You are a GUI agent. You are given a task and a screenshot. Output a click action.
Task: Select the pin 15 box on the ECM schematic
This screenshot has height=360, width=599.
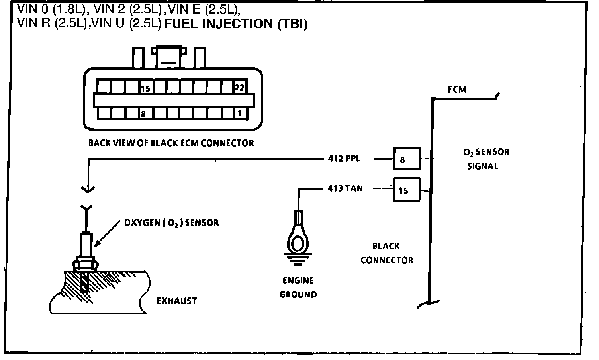coord(407,190)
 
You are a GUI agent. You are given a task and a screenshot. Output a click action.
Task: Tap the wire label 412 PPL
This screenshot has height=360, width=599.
coord(344,158)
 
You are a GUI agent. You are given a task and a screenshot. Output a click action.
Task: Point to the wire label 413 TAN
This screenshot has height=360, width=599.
coord(345,188)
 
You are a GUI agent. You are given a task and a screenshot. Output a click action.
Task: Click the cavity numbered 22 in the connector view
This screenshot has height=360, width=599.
coord(239,87)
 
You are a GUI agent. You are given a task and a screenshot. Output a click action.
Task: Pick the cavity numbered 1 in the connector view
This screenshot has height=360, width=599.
coord(239,113)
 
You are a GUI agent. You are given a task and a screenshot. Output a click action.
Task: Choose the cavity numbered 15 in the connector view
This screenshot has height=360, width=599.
coord(145,88)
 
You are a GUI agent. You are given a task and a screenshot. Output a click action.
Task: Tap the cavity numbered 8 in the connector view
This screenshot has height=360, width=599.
coord(143,113)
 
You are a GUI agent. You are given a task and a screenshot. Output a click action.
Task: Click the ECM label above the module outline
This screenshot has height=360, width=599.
coord(457,90)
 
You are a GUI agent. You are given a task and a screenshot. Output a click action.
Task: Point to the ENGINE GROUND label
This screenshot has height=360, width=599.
coord(298,288)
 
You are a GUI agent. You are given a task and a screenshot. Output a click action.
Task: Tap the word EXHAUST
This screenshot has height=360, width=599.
coord(176,301)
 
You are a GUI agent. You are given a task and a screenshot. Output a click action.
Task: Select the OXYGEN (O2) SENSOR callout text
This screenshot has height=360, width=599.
coord(172,222)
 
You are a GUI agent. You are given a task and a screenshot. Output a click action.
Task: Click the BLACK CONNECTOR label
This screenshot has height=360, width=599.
coord(387,253)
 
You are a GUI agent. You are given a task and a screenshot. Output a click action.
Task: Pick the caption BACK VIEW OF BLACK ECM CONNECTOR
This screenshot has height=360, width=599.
coord(171,143)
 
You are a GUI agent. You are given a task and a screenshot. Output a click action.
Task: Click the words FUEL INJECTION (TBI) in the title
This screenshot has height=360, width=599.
coord(236,24)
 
